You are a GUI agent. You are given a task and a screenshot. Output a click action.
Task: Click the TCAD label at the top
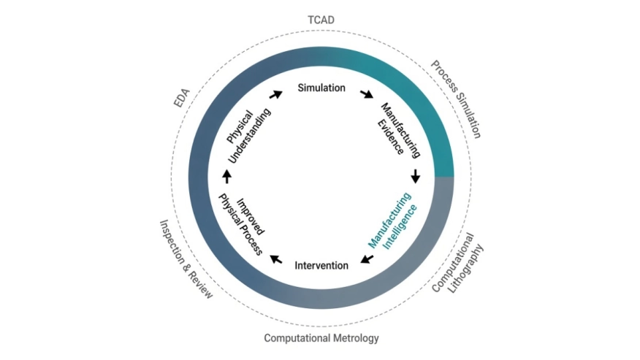pos(321,20)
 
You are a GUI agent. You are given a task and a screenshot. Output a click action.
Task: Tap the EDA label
pos(182,98)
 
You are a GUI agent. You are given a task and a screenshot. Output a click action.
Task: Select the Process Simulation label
pos(457,99)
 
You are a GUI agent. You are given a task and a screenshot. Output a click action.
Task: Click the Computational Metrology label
pos(321,338)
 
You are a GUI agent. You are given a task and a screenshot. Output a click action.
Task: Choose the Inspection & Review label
pos(186,259)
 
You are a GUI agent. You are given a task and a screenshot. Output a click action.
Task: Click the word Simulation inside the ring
pos(321,88)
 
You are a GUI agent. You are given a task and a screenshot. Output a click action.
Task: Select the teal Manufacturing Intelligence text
pos(392,221)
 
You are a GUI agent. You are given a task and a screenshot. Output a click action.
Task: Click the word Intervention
pos(321,265)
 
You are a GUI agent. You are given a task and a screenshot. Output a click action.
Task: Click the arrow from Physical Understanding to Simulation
pos(276,94)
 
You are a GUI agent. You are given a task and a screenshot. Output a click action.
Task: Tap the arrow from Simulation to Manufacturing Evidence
pos(367,94)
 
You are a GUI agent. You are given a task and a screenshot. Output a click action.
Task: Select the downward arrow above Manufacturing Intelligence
pos(416,176)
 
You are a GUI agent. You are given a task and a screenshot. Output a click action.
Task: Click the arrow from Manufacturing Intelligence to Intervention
pos(367,259)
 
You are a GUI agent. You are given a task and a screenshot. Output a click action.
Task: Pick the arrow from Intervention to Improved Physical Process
pos(276,259)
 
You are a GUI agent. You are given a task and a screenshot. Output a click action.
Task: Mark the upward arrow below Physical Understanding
pos(227,176)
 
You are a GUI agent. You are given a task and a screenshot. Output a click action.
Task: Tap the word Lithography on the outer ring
pos(465,269)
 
